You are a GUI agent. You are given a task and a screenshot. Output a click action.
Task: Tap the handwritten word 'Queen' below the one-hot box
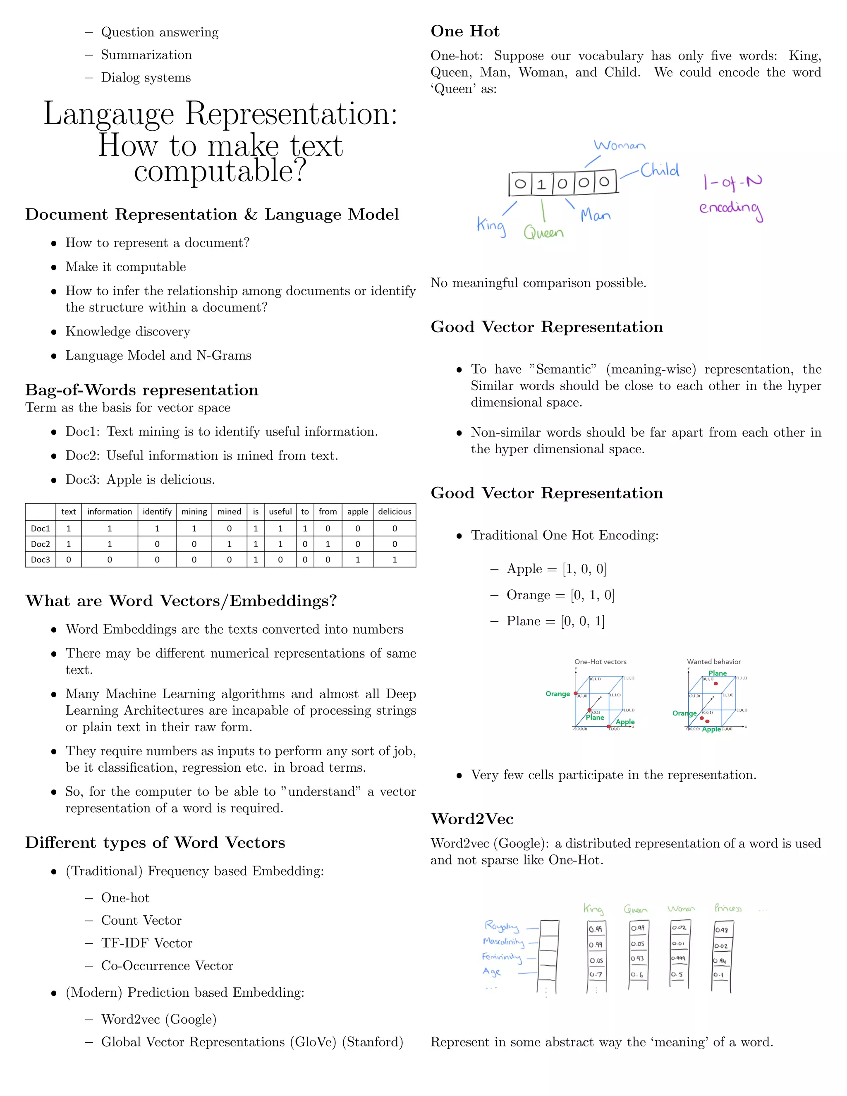point(543,233)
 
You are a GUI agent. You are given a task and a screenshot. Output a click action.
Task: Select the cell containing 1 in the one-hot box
point(541,184)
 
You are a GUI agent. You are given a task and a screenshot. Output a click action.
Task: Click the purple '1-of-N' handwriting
point(732,182)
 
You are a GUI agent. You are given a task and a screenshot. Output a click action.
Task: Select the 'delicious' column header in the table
point(395,511)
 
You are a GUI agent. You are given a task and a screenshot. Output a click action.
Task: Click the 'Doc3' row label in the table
point(40,560)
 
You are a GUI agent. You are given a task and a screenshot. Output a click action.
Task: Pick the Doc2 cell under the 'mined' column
point(229,544)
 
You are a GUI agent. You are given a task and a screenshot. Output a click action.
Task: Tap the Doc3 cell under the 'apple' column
point(357,560)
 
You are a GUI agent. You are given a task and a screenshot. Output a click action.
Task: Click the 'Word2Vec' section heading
point(471,819)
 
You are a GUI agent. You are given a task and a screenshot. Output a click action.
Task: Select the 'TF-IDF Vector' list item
point(146,943)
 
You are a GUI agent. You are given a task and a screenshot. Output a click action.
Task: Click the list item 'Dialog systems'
point(146,77)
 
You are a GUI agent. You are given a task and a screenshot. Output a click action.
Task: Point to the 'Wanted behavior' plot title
point(713,662)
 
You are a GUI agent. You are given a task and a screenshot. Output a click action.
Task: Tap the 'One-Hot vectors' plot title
point(600,662)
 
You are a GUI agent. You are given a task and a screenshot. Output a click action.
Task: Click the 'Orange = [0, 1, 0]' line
point(560,595)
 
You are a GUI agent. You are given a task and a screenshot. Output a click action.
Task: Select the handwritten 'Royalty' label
point(501,926)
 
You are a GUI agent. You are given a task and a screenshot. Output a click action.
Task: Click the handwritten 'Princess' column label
point(727,908)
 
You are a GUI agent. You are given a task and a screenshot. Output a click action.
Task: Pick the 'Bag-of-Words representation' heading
point(141,390)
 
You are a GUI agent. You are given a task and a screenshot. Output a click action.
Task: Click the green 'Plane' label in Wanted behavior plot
point(717,673)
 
